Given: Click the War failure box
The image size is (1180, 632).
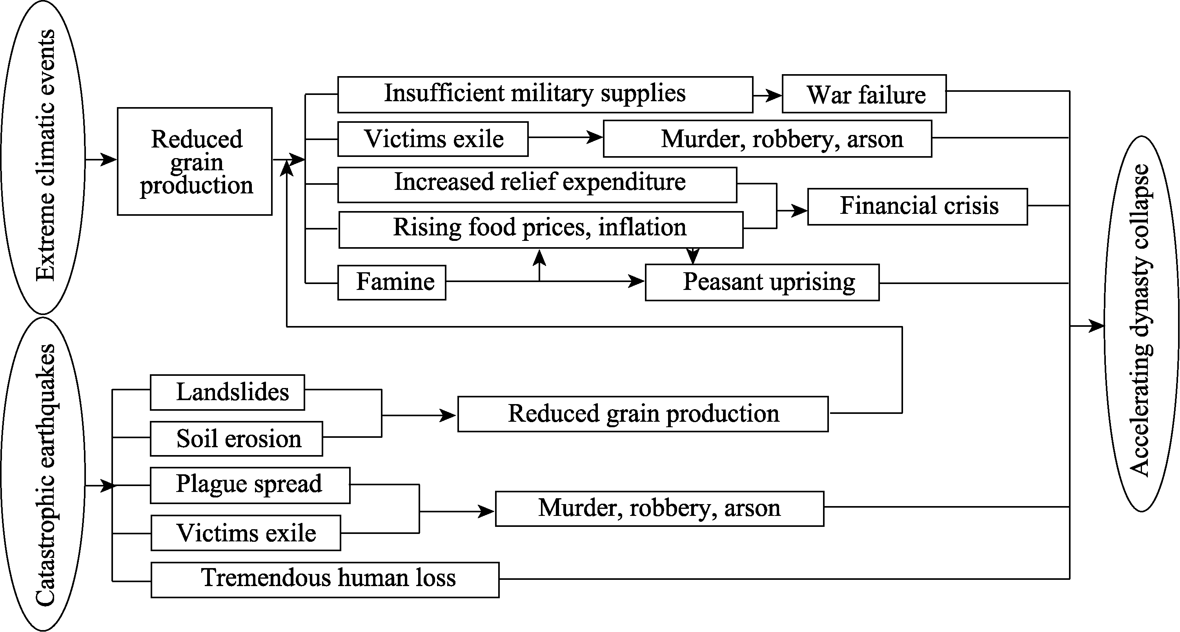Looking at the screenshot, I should [864, 94].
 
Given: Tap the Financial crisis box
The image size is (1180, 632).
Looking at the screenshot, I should [917, 206].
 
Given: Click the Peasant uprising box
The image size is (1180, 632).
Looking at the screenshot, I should [762, 282].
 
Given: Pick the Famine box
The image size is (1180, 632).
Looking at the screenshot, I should [392, 282].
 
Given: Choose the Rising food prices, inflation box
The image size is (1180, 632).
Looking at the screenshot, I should [541, 229].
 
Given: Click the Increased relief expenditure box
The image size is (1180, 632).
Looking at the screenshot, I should [537, 184].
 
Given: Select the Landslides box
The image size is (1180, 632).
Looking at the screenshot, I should [227, 392].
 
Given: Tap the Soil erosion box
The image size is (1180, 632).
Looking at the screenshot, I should [237, 439].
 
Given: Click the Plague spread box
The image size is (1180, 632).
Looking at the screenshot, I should [250, 485].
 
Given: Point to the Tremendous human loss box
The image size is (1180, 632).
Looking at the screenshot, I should [325, 579].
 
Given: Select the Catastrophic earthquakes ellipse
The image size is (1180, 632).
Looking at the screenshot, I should [43, 474].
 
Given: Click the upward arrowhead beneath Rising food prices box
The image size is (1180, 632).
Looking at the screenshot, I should [540, 257].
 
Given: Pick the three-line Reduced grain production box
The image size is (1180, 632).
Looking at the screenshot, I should [195, 161].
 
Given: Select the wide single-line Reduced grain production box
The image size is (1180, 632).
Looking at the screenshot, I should [643, 413].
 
